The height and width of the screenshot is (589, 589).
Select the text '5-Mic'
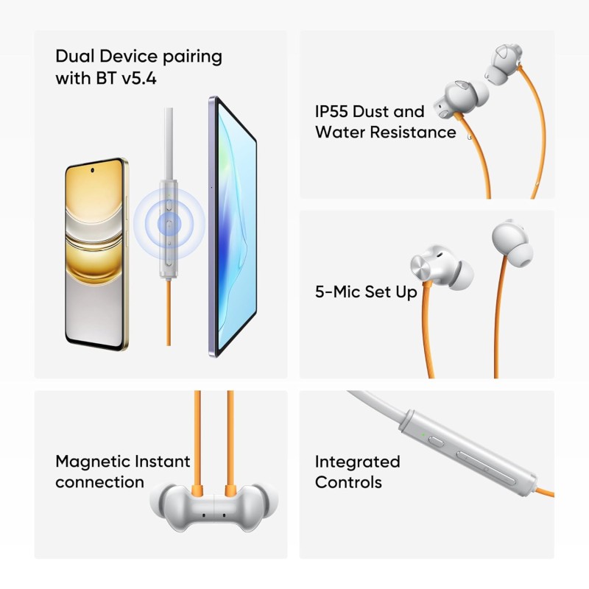pyautogui.click(x=335, y=292)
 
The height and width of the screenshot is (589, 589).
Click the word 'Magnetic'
pyautogui.click(x=92, y=462)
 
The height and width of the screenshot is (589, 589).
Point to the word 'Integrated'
pyautogui.click(x=357, y=462)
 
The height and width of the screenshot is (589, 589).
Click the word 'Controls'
pyautogui.click(x=348, y=482)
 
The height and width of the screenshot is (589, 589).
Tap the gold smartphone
pyautogui.click(x=94, y=254)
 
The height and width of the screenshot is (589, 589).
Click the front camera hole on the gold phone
pyautogui.click(x=94, y=170)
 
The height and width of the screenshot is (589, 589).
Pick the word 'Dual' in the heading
pyautogui.click(x=74, y=56)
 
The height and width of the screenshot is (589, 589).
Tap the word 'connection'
pyautogui.click(x=99, y=482)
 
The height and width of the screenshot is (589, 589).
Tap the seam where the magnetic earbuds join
pyautogui.click(x=214, y=508)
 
